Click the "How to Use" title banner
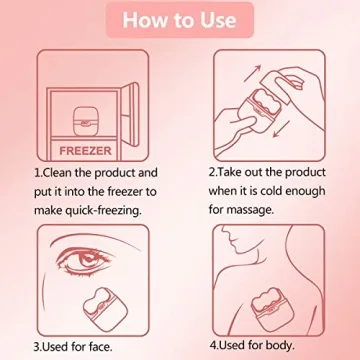pyautogui.click(x=180, y=21)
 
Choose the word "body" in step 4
pyautogui.click(x=297, y=348)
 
